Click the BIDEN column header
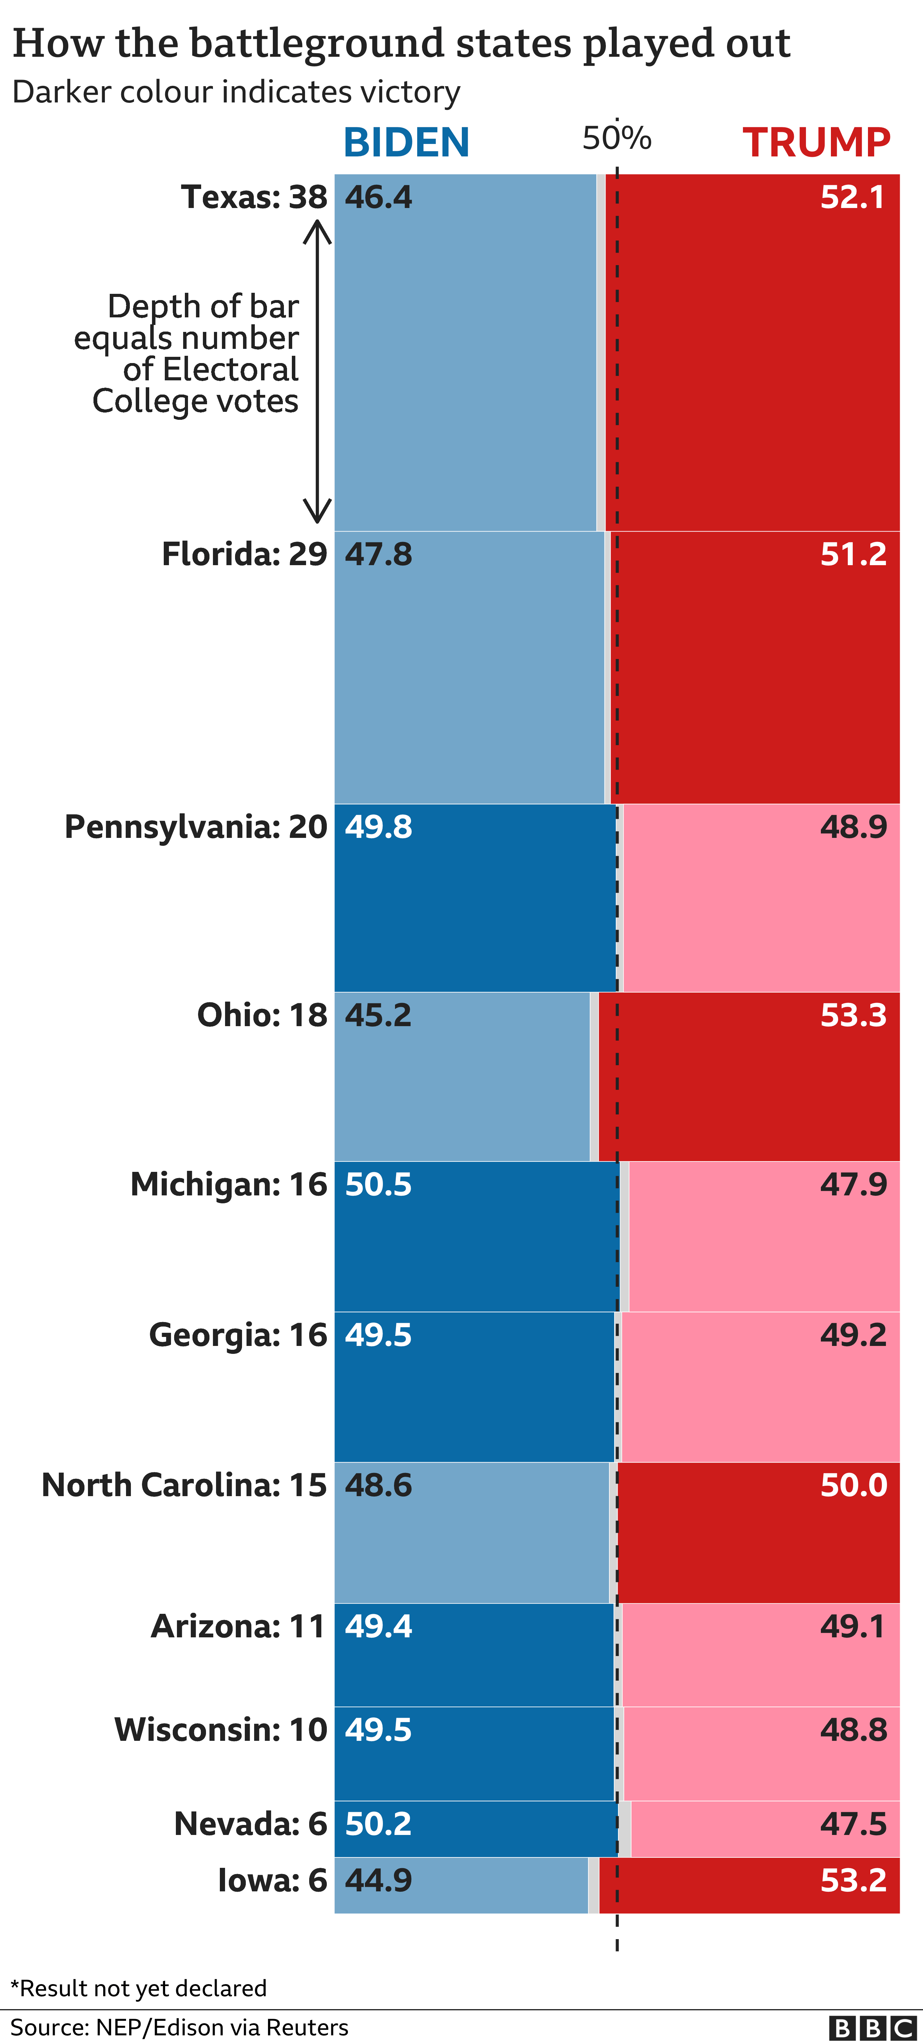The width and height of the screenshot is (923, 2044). point(406,143)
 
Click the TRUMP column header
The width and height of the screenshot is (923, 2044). point(816,143)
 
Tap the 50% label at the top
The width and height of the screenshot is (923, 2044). point(617,138)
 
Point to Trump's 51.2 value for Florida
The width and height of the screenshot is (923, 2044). point(853,554)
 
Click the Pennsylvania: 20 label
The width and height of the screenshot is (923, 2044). point(195,827)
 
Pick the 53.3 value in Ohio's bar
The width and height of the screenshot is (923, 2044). point(853,1015)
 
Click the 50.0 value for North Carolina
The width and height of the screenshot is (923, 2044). point(853,1485)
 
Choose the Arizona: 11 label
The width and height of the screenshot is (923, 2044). point(238,1626)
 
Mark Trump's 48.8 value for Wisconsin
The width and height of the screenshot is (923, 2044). point(853,1729)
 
